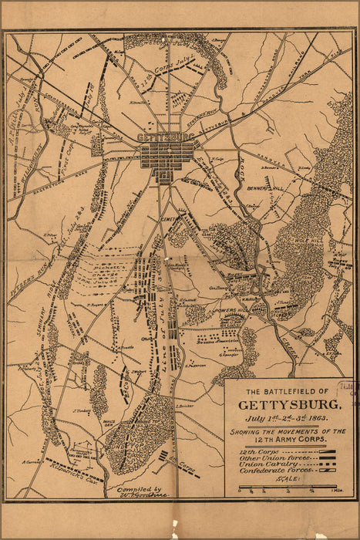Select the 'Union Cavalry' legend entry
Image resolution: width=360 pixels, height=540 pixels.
[263, 463]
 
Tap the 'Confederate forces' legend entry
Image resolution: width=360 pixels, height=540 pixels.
[267, 470]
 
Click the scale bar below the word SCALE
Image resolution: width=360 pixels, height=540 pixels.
[289, 487]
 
